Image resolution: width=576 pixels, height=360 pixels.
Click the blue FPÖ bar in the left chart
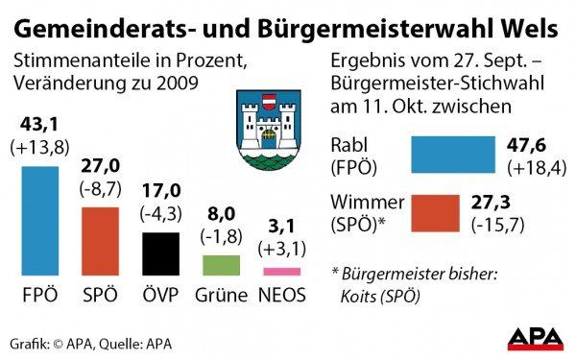click(39, 221)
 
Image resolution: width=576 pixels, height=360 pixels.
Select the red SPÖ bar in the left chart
click(100, 241)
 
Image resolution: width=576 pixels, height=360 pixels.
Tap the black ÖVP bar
click(160, 253)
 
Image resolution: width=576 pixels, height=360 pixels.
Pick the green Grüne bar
click(221, 265)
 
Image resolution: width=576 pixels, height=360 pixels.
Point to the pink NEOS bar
click(281, 272)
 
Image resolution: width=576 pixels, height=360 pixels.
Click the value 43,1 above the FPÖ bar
click(40, 125)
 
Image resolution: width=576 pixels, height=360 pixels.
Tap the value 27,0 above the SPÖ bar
click(100, 165)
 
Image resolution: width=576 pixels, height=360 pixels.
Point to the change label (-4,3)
click(160, 211)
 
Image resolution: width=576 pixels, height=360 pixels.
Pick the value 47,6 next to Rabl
click(525, 145)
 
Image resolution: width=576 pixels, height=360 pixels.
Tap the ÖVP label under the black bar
click(160, 296)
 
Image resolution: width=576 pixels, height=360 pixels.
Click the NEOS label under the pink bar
click(281, 296)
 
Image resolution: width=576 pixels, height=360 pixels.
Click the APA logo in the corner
click(535, 339)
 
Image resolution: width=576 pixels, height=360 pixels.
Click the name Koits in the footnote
click(360, 296)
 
